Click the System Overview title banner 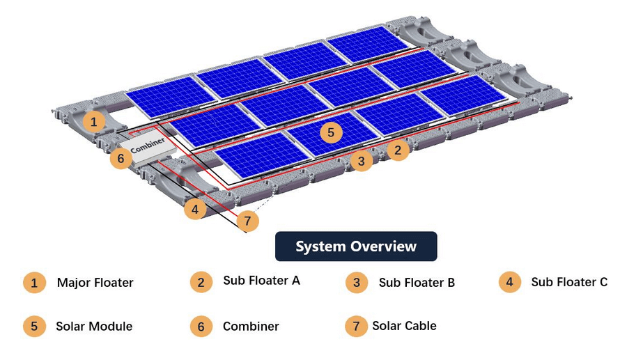point(356,246)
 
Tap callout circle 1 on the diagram point(95,122)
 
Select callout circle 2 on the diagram point(398,150)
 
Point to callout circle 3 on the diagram point(361,162)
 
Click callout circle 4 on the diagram point(195,208)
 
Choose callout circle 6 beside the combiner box point(121,159)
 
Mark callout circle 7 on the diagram point(247,221)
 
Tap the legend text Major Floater point(95,283)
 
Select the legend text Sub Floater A point(261,281)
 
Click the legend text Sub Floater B point(417,283)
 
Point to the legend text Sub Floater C point(569,282)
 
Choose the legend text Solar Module point(94,326)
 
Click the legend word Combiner point(251,326)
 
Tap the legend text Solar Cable point(404,325)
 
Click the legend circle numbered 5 point(33,326)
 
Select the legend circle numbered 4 point(510,282)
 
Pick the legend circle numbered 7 point(356,326)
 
